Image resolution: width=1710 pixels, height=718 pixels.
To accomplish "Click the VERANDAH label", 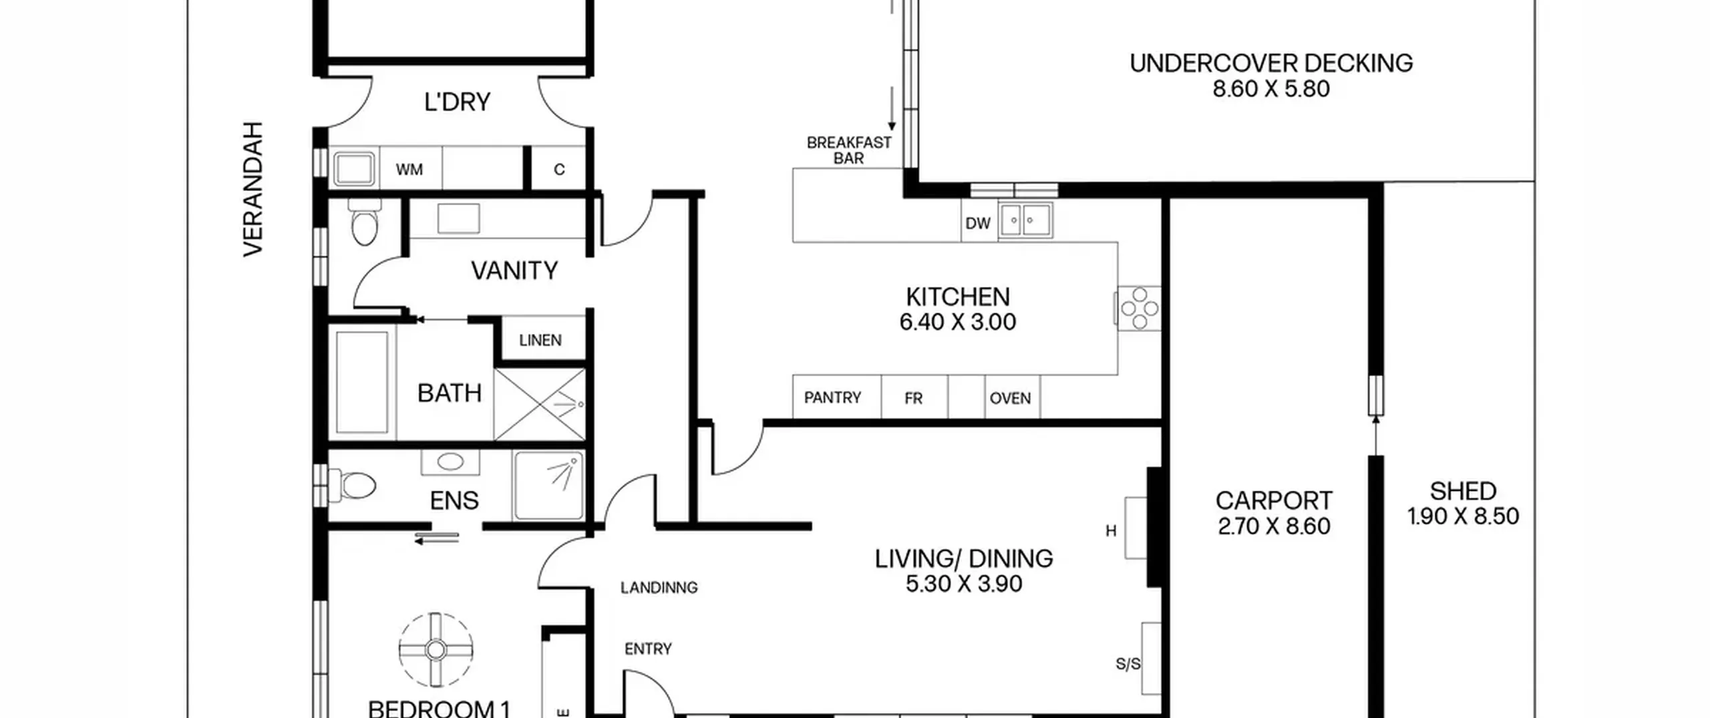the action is (x=253, y=189).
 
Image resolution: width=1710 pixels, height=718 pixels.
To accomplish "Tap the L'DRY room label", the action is (x=458, y=102).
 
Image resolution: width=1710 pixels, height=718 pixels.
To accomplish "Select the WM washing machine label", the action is (x=409, y=170).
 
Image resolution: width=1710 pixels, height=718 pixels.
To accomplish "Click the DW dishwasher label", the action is (x=978, y=223).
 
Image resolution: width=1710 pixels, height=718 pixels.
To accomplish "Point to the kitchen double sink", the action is (x=1025, y=220).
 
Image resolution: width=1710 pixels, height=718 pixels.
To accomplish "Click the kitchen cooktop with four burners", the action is (x=1138, y=309).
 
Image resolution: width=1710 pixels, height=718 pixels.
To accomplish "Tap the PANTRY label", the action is (x=832, y=398).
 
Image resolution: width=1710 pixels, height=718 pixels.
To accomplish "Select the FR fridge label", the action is (x=914, y=399).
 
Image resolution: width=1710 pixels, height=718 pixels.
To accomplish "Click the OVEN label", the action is (x=1010, y=399).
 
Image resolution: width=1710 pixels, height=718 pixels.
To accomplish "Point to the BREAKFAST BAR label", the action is (x=849, y=150).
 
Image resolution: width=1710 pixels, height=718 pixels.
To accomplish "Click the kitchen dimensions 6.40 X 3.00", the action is (x=957, y=322).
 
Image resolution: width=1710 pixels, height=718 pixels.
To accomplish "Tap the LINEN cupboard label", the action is (x=540, y=341).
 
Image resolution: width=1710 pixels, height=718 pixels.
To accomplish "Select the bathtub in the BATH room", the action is (x=363, y=383).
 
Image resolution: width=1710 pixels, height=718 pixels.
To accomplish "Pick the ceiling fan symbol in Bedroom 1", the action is (x=436, y=649).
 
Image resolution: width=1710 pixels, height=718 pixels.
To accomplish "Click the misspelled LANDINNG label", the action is (x=659, y=588).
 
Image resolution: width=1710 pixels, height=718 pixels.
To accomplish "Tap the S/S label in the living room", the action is (x=1128, y=664).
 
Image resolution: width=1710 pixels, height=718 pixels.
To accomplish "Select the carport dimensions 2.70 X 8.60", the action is (x=1274, y=526).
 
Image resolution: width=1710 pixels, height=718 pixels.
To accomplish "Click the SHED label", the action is (x=1463, y=492).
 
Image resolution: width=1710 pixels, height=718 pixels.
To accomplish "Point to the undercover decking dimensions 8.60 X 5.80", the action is (x=1271, y=89).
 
